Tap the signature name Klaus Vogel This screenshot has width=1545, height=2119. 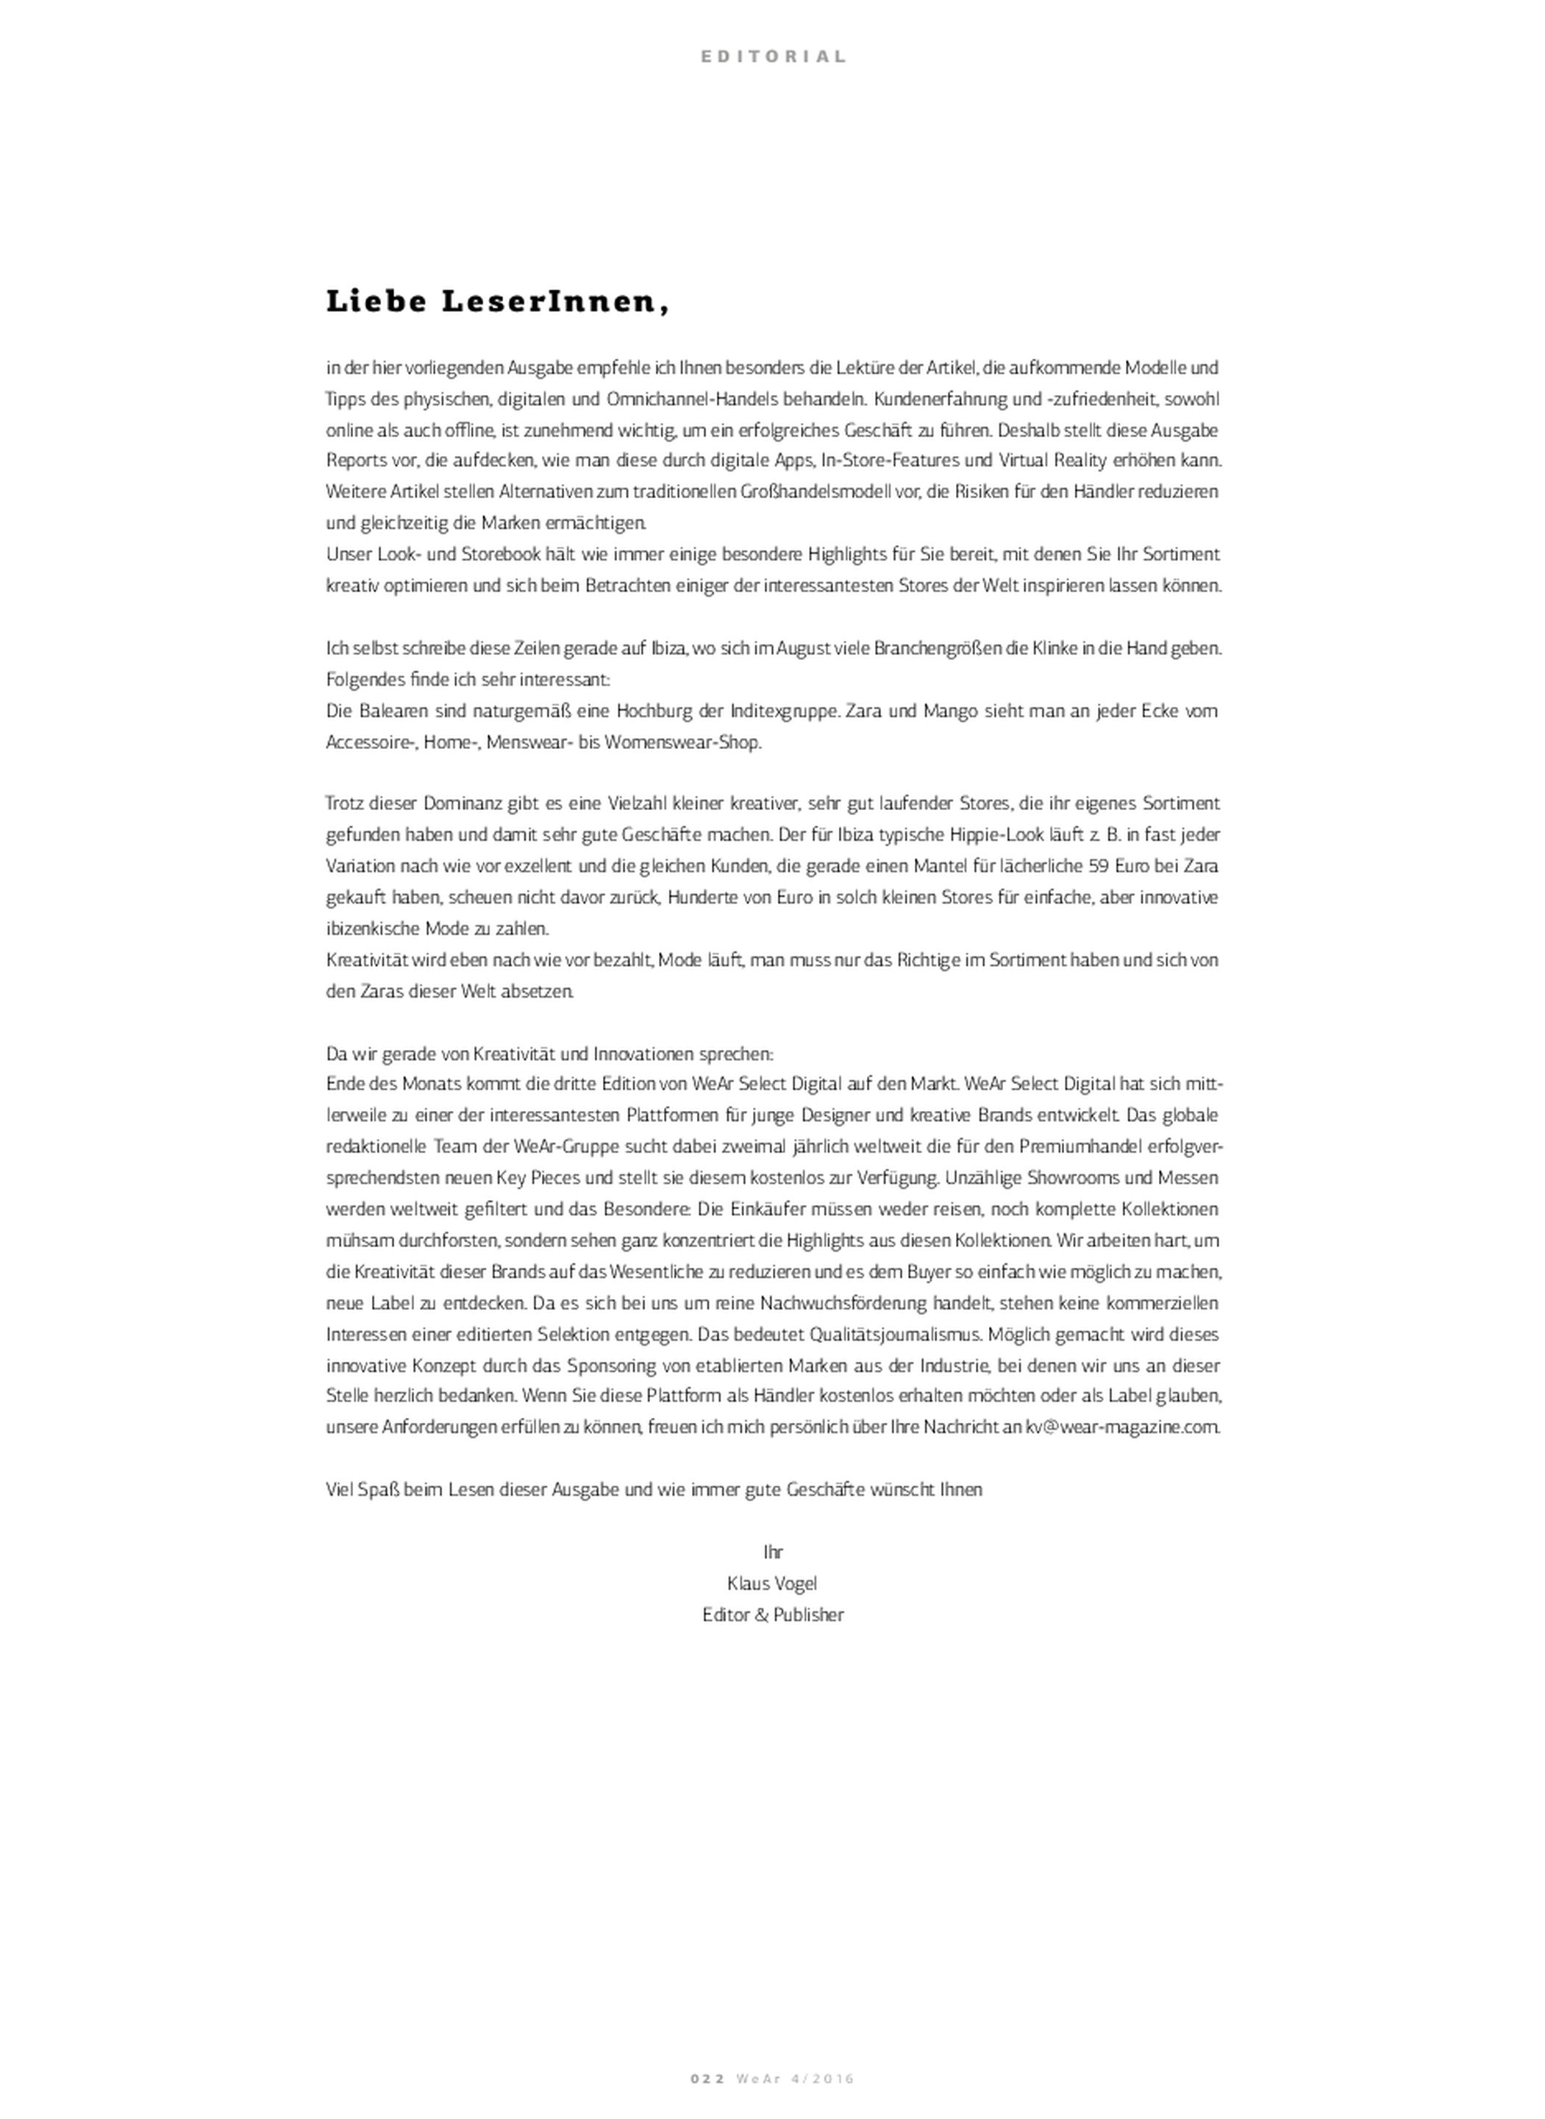[x=772, y=1584]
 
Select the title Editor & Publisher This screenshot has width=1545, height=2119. [x=772, y=1616]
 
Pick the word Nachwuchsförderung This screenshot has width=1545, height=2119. [x=866, y=1303]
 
